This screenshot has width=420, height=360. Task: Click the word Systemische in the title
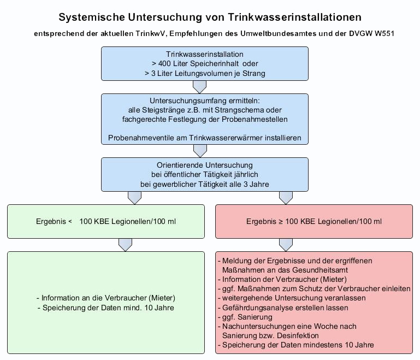(x=90, y=18)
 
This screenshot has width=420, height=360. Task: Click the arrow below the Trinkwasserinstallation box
(x=200, y=86)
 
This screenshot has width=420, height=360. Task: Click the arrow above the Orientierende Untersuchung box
(x=200, y=150)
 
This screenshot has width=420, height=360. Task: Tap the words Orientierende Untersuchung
(x=205, y=165)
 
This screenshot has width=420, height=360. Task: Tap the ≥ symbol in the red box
(x=276, y=221)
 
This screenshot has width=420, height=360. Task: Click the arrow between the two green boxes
(x=126, y=244)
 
